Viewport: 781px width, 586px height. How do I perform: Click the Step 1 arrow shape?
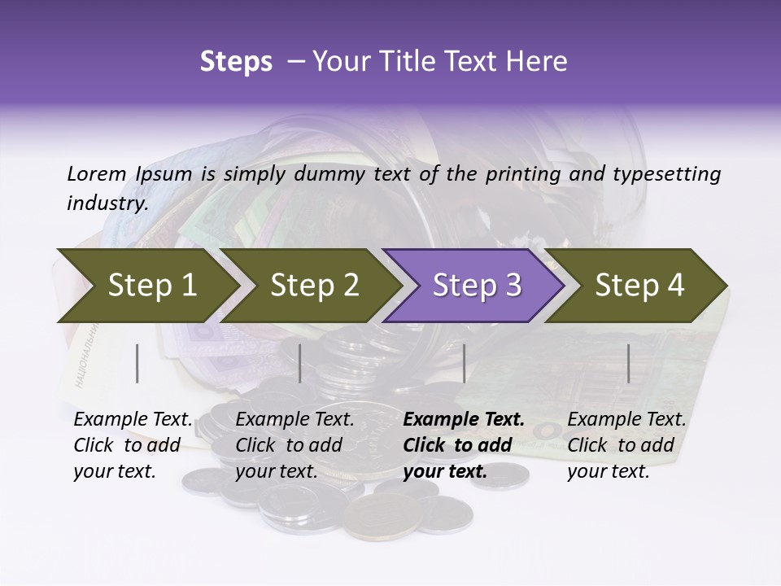point(146,286)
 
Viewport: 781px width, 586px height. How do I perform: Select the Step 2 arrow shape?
point(313,286)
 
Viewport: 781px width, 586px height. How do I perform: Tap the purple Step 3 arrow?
point(476,286)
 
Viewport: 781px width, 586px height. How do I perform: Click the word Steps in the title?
point(236,62)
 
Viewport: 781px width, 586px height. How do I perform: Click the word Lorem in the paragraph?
point(96,174)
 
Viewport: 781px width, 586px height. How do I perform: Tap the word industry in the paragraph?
point(107,203)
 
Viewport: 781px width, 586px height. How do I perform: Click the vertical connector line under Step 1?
point(137,363)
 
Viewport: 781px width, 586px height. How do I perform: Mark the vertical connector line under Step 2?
point(300,363)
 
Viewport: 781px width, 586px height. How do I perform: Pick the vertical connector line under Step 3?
point(464,363)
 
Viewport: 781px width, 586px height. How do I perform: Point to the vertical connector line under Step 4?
point(628,363)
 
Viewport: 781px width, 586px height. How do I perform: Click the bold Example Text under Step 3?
point(464,420)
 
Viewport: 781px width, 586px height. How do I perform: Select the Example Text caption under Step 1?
point(133,420)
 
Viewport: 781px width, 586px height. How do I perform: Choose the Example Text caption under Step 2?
point(295,420)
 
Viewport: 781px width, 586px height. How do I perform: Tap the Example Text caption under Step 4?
point(626,420)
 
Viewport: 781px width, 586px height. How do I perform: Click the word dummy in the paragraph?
point(329,174)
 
